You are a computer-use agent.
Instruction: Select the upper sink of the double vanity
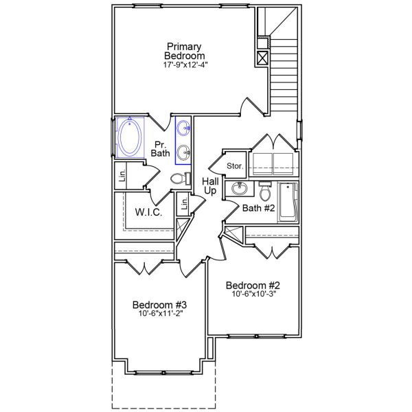pos(184,127)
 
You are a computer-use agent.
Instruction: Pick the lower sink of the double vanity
pos(184,152)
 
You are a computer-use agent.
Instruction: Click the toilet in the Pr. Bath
pos(178,179)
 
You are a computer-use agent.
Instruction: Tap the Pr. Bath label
pos(161,148)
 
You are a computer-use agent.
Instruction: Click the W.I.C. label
pos(148,212)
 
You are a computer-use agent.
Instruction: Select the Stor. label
pos(236,166)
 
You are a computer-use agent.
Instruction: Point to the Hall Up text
pos(210,185)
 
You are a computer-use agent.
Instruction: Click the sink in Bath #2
pos(240,189)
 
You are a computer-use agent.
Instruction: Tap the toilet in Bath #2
pos(265,190)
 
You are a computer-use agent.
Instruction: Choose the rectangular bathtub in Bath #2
pos(288,203)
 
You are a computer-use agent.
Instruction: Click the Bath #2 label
pos(259,207)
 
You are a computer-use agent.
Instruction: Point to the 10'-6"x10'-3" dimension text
pos(255,295)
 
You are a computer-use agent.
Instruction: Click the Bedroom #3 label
pos(160,305)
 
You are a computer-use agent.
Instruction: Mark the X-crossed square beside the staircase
pos(262,58)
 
